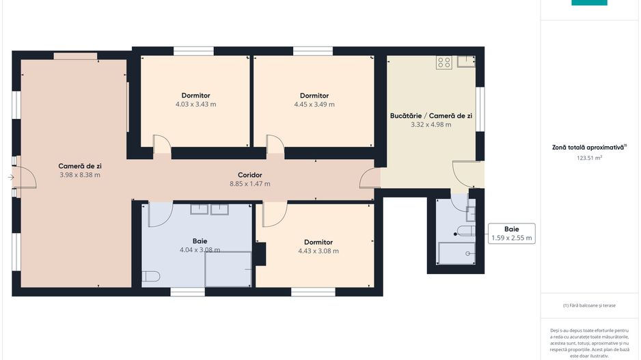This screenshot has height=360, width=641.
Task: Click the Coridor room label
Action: click(x=250, y=175)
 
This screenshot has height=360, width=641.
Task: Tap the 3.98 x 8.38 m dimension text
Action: click(x=80, y=175)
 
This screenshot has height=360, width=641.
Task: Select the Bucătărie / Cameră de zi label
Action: click(x=431, y=115)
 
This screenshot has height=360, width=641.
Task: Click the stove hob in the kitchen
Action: click(x=444, y=63)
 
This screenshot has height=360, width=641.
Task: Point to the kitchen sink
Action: click(x=466, y=61)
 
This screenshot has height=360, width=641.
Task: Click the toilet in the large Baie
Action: click(x=150, y=277)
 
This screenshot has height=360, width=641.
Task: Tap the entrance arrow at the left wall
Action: click(x=11, y=177)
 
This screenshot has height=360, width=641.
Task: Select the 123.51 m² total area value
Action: click(x=589, y=158)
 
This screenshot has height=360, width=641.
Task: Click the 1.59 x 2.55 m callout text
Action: click(x=511, y=238)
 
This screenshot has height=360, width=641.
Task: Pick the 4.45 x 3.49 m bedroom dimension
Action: click(x=314, y=105)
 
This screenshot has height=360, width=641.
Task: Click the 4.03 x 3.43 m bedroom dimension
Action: click(x=196, y=105)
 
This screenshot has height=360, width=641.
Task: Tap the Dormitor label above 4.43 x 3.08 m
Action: click(x=318, y=242)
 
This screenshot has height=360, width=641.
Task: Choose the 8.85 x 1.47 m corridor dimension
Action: click(x=250, y=184)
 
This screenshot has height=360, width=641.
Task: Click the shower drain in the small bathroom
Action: click(x=467, y=253)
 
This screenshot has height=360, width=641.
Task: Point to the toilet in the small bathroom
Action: click(x=466, y=232)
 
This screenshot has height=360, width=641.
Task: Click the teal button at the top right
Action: click(x=589, y=3)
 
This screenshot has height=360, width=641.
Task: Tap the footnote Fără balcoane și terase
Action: click(x=589, y=305)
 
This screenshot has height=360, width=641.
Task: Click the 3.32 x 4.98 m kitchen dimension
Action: click(x=431, y=124)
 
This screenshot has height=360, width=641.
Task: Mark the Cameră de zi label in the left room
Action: click(x=80, y=166)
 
